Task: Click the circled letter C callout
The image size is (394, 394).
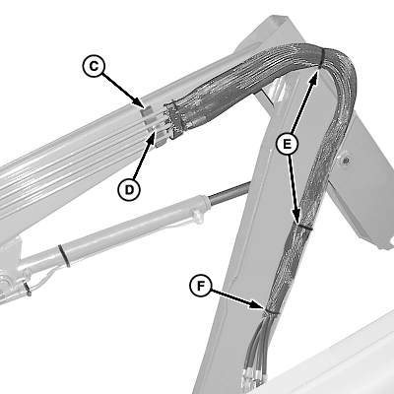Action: [x=94, y=66]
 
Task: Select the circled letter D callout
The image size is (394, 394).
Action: [x=129, y=189]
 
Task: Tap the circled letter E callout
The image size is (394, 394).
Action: [x=287, y=144]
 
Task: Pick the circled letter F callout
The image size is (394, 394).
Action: [x=201, y=286]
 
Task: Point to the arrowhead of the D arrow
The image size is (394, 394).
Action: [x=152, y=137]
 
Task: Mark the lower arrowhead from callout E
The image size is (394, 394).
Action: [x=296, y=218]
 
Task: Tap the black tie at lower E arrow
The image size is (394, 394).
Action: [x=303, y=227]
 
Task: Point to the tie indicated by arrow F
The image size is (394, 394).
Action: [x=271, y=312]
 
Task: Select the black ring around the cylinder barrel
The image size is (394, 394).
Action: [x=64, y=256]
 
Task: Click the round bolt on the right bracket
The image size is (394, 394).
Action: [x=345, y=161]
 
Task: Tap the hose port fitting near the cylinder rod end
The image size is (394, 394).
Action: [x=197, y=217]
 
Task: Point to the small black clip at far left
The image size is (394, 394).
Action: [x=27, y=290]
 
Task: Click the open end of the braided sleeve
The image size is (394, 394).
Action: [x=173, y=120]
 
